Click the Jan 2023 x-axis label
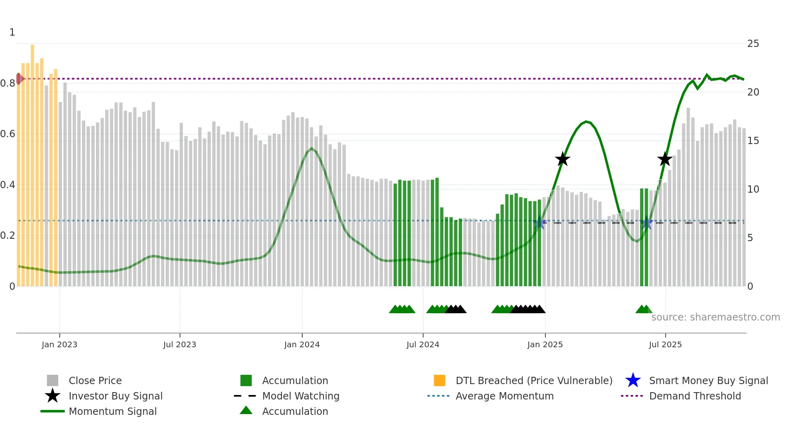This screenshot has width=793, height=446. click(x=59, y=344)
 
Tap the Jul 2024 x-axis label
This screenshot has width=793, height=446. click(x=422, y=344)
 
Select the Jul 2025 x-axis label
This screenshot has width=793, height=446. click(x=665, y=344)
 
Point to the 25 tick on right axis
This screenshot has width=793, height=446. click(x=753, y=44)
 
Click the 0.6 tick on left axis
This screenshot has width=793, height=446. click(x=8, y=134)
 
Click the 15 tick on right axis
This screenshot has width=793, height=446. click(x=753, y=141)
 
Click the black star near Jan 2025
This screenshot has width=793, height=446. click(x=562, y=159)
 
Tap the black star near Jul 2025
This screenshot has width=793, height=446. click(x=665, y=159)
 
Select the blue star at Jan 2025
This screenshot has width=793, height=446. click(x=539, y=223)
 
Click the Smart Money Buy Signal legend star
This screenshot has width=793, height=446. click(x=633, y=380)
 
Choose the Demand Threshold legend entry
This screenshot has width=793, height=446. click(x=695, y=396)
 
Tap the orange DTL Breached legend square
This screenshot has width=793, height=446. click(x=439, y=380)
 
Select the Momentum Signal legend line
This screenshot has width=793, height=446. click(x=53, y=411)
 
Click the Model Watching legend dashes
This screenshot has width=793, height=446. click(x=245, y=396)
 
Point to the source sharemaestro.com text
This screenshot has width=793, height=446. click(x=715, y=317)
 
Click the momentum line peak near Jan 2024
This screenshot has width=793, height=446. click(x=311, y=149)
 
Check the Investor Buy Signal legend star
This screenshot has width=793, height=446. click(x=53, y=396)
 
